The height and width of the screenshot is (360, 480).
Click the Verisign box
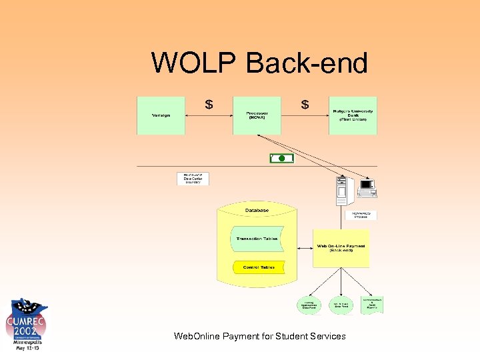tap(161, 115)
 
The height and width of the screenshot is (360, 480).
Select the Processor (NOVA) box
tap(257, 115)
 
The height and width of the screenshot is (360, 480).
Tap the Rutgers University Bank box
tap(353, 115)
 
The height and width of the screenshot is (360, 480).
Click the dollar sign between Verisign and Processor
tap(209, 104)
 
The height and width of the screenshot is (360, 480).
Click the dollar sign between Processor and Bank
tap(305, 104)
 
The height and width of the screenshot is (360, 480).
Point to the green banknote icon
tap(281, 158)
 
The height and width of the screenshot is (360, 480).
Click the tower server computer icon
tap(343, 190)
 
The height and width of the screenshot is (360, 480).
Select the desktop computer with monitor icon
tap(367, 188)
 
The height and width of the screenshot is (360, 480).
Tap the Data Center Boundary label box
tap(193, 179)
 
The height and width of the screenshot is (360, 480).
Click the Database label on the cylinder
tap(257, 211)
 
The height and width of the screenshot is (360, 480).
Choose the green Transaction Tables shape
tap(257, 239)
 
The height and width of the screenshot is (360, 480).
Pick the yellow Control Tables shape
tap(259, 267)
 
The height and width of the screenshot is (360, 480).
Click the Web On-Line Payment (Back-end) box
tap(341, 248)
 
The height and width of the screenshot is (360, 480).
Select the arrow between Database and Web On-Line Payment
tap(299, 248)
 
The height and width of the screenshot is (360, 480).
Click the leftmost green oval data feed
tap(309, 305)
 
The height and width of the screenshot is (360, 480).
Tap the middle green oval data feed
tap(341, 305)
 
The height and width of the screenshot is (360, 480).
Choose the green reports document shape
tap(373, 305)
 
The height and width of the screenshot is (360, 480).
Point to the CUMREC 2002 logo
tap(26, 324)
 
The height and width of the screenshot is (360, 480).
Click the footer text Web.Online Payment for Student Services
tap(259, 336)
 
